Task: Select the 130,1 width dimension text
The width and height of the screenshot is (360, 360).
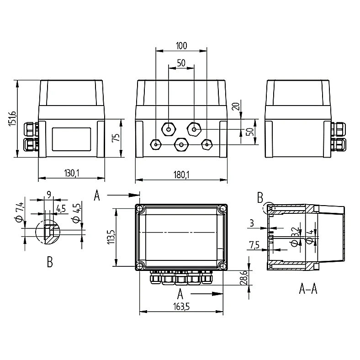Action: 72,173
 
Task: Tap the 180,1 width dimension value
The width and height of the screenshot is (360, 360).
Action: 181,175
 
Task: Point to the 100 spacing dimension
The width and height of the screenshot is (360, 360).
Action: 181,46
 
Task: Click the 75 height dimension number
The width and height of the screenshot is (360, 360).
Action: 116,138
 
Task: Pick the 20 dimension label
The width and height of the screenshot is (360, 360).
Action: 236,106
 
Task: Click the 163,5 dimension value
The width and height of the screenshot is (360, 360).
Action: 181,306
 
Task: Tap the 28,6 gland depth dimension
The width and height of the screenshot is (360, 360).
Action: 244,278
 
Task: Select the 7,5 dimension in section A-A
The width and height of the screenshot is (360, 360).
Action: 254,245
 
